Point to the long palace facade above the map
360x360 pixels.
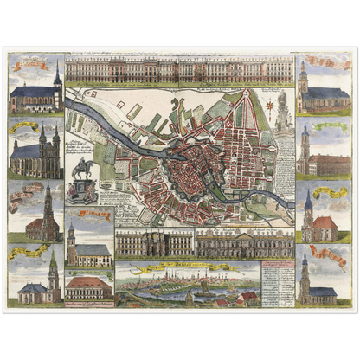pyautogui.click(x=179, y=69)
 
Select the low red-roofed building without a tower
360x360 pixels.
pyautogui.click(x=89, y=288)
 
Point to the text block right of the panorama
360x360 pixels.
pyautogui.click(x=276, y=281)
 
